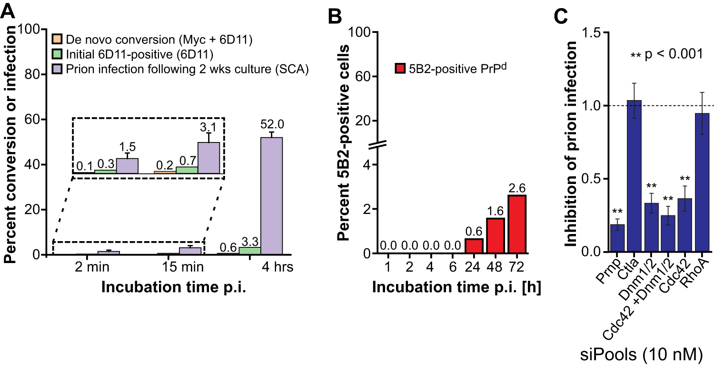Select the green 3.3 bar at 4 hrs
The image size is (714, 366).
pos(249,251)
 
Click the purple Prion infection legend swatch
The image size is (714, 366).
pos(57,69)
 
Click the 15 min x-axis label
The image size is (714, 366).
pos(180,267)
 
